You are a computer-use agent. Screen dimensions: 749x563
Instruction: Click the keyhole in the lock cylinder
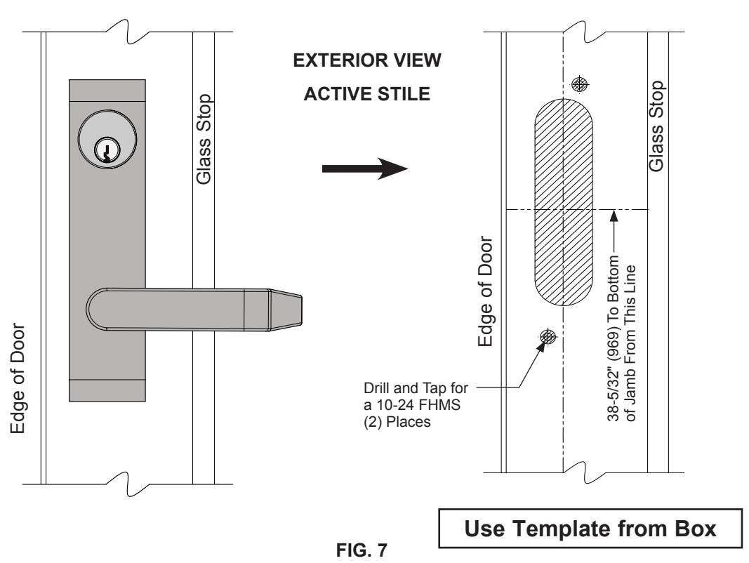pyautogui.click(x=106, y=150)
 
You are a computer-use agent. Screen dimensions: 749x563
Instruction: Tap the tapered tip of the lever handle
pyautogui.click(x=286, y=310)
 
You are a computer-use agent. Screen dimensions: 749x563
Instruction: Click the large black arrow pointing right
pyautogui.click(x=365, y=168)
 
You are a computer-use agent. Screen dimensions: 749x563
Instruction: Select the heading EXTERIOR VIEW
pyautogui.click(x=367, y=60)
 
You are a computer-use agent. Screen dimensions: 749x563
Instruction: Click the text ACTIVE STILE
pyautogui.click(x=367, y=94)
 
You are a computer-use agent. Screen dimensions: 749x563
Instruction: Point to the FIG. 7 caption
pyautogui.click(x=362, y=550)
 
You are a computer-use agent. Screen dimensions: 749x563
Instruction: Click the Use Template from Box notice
pyautogui.click(x=590, y=529)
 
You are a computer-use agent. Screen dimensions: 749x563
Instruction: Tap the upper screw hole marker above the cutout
pyautogui.click(x=580, y=84)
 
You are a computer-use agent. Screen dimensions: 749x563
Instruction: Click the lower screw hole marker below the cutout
pyautogui.click(x=548, y=337)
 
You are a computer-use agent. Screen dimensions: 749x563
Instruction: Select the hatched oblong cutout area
pyautogui.click(x=564, y=202)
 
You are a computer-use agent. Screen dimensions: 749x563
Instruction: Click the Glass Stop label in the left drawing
pyautogui.click(x=204, y=139)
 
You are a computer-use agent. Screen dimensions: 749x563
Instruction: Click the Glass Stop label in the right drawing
pyautogui.click(x=656, y=126)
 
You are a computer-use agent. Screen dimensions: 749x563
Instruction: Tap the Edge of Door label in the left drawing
pyautogui.click(x=18, y=378)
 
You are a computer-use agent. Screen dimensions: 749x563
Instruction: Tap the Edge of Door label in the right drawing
pyautogui.click(x=485, y=291)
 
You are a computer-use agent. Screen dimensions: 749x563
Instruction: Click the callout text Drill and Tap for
pyautogui.click(x=416, y=388)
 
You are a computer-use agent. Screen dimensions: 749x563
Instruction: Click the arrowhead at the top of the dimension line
pyautogui.click(x=614, y=216)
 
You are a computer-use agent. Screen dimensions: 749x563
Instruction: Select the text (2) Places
pyautogui.click(x=397, y=422)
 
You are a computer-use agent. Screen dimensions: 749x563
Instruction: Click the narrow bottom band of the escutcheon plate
pyautogui.click(x=107, y=390)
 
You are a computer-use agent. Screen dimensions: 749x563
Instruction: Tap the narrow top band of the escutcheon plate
pyautogui.click(x=107, y=91)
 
